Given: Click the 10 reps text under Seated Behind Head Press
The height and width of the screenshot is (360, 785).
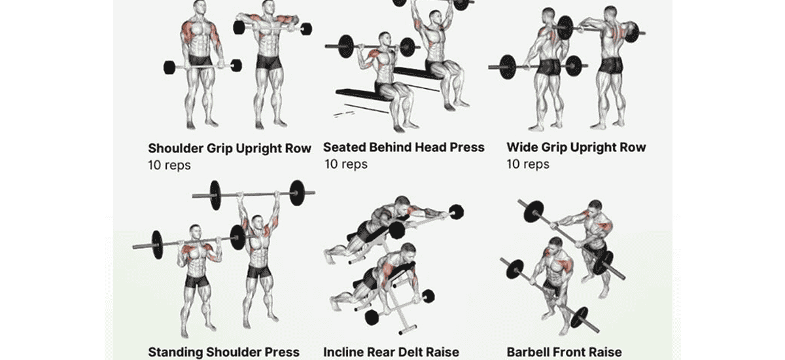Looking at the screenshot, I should pos(346,164).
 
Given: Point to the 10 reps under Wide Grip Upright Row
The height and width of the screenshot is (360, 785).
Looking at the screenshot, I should pos(528,164).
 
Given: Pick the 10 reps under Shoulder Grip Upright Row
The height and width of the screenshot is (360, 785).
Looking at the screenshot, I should pos(169,165).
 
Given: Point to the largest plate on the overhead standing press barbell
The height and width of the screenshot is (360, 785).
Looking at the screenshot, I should pos(297,192).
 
